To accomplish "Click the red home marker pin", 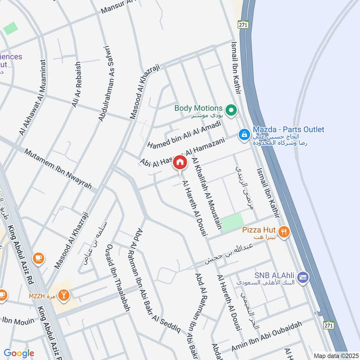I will pos(180,162).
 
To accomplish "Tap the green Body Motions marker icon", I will pos(231,109).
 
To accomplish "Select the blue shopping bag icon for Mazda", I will pos(244,134).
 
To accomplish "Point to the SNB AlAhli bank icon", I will pos(302,276).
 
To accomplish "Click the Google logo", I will pos(19,353).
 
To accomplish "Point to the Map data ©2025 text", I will pos(335,355).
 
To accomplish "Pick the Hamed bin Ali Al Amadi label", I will pos(184,134).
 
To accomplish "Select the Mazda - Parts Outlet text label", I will pos(288,130).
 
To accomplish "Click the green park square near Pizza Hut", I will pos(232,222).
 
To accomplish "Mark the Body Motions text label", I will pos(198,108).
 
